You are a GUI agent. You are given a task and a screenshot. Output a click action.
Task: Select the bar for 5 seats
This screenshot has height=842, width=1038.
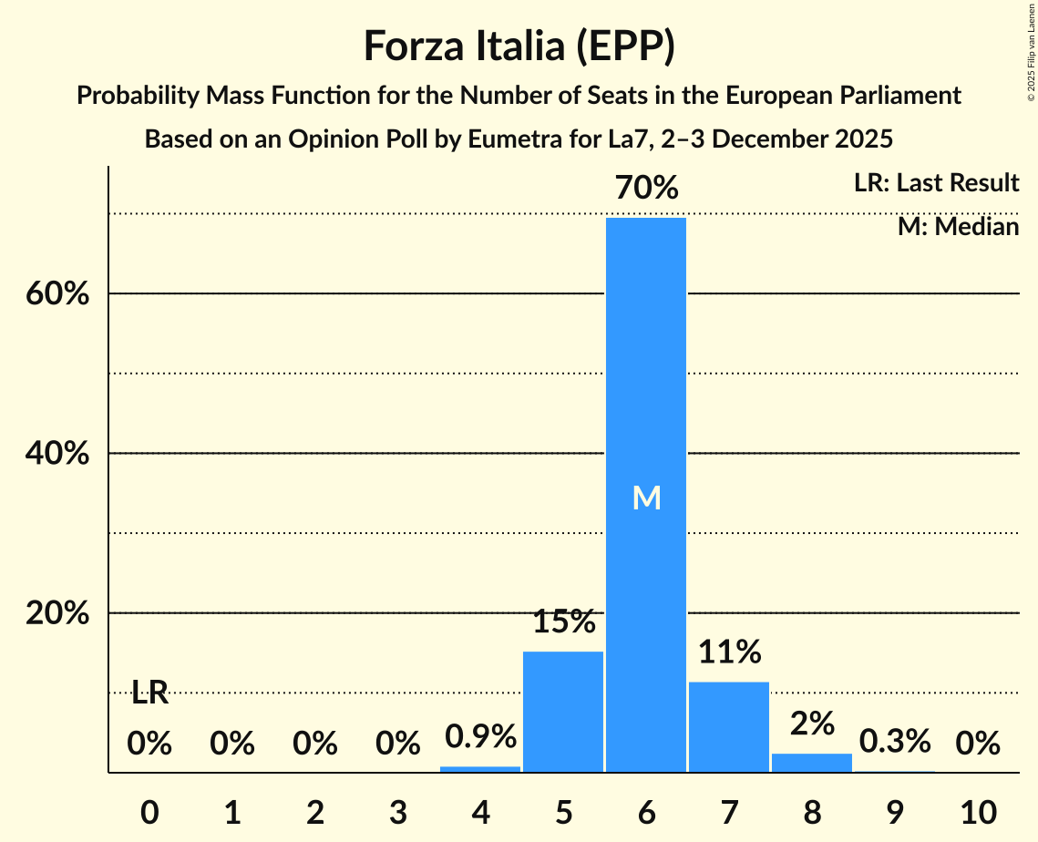[x=563, y=712]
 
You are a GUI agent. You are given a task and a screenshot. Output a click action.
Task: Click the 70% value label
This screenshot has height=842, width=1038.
[x=646, y=189]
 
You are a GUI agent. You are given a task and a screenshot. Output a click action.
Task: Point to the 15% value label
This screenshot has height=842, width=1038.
[x=563, y=622]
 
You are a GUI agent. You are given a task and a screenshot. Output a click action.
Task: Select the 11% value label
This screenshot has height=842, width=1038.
[x=729, y=652]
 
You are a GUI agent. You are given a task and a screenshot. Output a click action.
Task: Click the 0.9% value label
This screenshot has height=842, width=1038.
[x=480, y=736]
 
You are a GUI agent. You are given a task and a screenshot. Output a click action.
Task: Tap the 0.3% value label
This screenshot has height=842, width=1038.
[x=894, y=742]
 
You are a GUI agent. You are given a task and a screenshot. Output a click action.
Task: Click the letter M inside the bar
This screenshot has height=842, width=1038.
[x=646, y=498]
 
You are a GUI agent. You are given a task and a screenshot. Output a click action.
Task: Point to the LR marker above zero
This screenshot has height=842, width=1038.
[x=149, y=693]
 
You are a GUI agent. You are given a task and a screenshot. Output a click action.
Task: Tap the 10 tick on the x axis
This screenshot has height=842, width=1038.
[x=977, y=810]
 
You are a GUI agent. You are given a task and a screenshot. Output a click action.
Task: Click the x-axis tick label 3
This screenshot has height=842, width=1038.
[x=398, y=810]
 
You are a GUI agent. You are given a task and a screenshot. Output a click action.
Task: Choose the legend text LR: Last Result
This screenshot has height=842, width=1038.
[x=936, y=183]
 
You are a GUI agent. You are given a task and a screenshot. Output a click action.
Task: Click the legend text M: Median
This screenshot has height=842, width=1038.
[x=958, y=227]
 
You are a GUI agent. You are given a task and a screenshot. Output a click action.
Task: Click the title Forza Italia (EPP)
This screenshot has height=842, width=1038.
[x=519, y=46]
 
